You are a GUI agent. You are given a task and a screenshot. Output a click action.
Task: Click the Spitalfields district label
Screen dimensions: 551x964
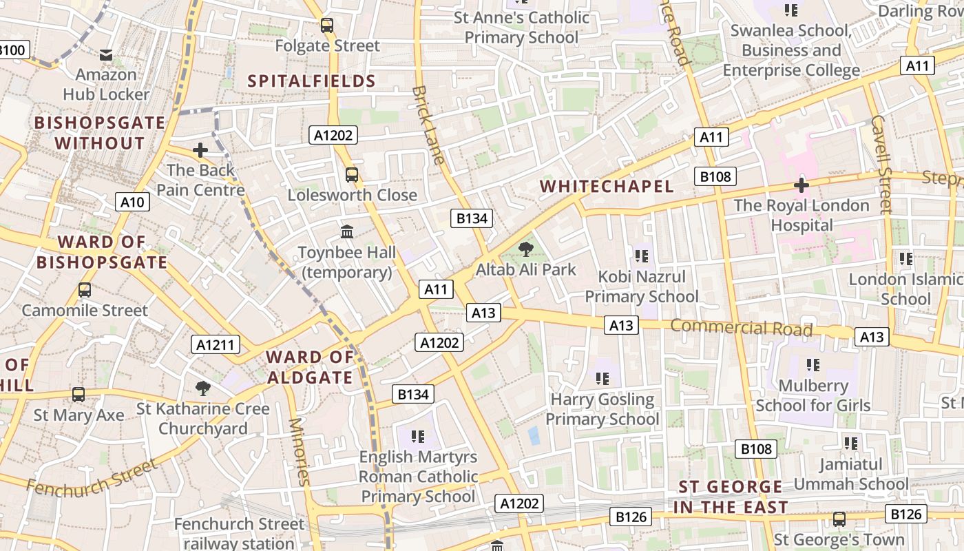click(x=312, y=81)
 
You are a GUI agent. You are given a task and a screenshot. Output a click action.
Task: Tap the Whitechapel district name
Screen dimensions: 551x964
click(x=607, y=187)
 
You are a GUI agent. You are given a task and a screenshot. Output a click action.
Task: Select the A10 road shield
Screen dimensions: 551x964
click(x=132, y=202)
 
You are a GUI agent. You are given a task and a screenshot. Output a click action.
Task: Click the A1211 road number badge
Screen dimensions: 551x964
click(x=216, y=345)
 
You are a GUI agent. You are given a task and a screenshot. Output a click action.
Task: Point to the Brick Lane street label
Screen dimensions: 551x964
click(x=428, y=125)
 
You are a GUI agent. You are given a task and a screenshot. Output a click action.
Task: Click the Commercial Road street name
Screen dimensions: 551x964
click(x=742, y=327)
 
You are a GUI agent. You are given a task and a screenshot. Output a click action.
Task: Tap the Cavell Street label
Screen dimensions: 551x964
click(x=881, y=163)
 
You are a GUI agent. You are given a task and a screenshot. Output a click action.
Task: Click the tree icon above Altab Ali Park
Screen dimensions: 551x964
click(x=526, y=249)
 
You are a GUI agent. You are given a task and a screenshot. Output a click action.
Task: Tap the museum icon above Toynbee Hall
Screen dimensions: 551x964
click(x=347, y=232)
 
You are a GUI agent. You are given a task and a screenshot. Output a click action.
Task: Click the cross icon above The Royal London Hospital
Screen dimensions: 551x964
click(x=801, y=185)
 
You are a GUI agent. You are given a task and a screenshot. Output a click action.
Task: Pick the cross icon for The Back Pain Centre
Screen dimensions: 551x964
click(x=200, y=149)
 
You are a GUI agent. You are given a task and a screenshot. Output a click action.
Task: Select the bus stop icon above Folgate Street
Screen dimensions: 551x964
click(x=327, y=25)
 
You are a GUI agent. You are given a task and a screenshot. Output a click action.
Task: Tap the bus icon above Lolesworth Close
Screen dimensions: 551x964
click(x=352, y=175)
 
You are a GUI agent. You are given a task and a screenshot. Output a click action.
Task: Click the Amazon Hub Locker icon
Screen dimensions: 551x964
click(x=106, y=54)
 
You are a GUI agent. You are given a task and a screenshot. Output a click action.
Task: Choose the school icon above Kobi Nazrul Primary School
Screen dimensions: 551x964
click(x=642, y=256)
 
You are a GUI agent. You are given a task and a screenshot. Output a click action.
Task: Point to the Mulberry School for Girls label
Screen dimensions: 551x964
click(x=813, y=395)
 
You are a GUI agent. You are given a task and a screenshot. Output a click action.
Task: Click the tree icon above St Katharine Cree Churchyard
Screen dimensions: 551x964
click(x=202, y=388)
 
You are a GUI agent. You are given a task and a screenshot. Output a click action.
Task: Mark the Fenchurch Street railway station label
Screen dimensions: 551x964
click(x=239, y=534)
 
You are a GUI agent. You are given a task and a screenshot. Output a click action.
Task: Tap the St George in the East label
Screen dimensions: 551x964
click(x=731, y=497)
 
